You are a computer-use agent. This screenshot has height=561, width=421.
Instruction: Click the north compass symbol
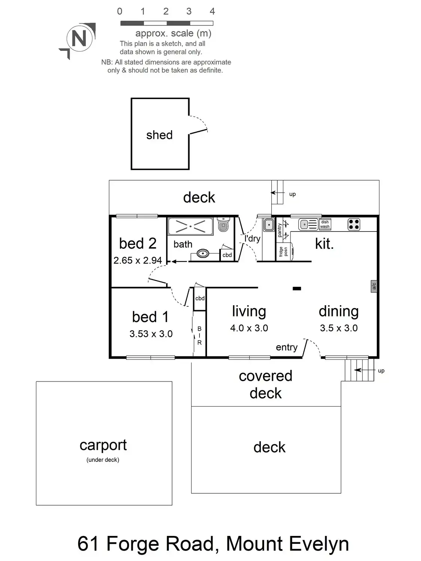(x=79, y=39)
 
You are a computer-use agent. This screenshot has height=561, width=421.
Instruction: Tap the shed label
(x=159, y=135)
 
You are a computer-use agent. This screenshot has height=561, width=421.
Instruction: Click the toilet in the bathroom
(x=223, y=225)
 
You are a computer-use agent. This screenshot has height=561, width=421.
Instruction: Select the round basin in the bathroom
(x=203, y=254)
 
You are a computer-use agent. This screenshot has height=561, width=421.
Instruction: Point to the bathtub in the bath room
(x=190, y=226)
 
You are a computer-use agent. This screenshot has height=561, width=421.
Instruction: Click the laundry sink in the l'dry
(x=268, y=225)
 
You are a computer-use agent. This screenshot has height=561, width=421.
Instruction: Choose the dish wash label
(x=325, y=224)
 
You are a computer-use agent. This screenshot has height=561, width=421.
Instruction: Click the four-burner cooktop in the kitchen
(x=354, y=224)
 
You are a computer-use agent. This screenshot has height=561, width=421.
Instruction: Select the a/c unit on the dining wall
(x=373, y=286)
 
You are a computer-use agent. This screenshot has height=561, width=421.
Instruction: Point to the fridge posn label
(x=283, y=252)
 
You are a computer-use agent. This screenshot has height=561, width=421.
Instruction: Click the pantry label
(x=280, y=230)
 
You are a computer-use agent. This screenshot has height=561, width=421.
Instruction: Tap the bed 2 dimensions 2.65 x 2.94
(x=138, y=260)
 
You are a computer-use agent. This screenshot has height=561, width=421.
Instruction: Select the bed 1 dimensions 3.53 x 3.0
(x=151, y=334)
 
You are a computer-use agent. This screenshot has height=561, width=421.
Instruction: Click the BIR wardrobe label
(x=199, y=335)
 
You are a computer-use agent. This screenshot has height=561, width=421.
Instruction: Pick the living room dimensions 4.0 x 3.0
(x=249, y=328)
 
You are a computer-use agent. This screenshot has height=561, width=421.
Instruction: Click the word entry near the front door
(x=287, y=347)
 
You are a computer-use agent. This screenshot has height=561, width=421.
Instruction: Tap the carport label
(x=103, y=445)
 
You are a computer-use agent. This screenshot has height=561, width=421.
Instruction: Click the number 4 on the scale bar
(x=212, y=12)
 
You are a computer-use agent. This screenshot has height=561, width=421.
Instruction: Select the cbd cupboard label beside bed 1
(x=200, y=298)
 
